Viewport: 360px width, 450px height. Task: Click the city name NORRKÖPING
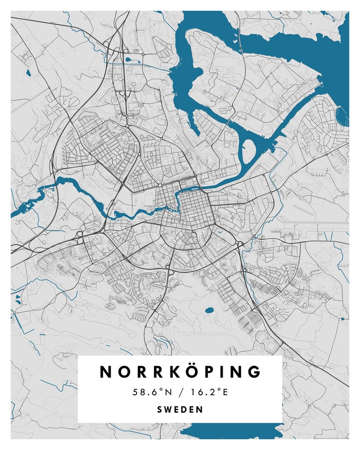pyautogui.click(x=180, y=372)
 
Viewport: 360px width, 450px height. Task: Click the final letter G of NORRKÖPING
pyautogui.click(x=255, y=372)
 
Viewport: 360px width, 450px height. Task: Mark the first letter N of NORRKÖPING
pyautogui.click(x=106, y=372)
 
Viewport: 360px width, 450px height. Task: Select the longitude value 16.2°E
pyautogui.click(x=207, y=392)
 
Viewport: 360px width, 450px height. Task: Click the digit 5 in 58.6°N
pyautogui.click(x=136, y=392)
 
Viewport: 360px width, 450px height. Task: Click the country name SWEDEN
pyautogui.click(x=180, y=409)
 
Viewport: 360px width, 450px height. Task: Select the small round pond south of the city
pyautogui.click(x=209, y=311)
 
